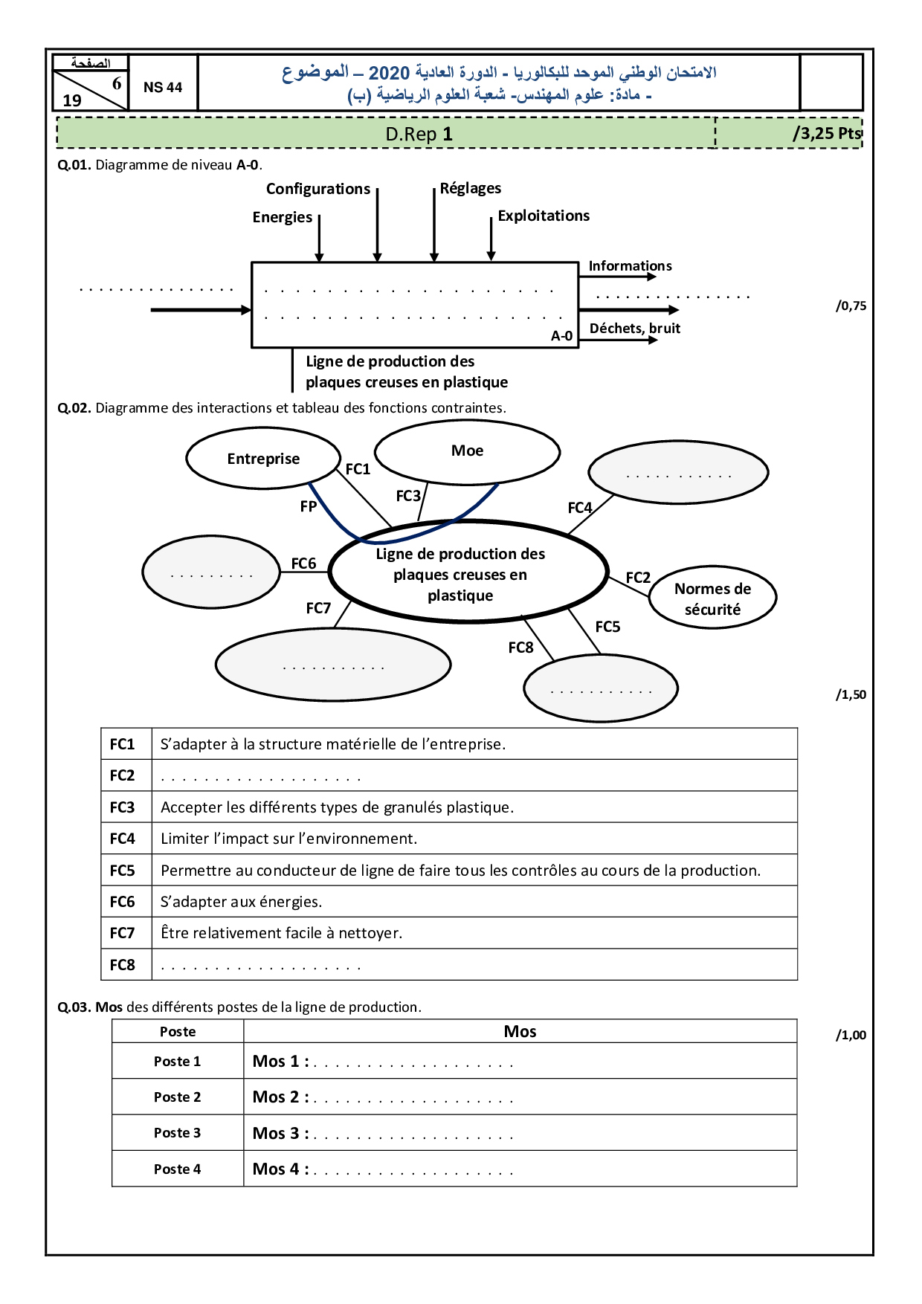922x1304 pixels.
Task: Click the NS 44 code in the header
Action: pos(163,87)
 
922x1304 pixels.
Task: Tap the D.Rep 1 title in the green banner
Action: pos(419,135)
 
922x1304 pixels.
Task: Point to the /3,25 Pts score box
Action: pos(827,134)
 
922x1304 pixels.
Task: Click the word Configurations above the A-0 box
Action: pos(318,189)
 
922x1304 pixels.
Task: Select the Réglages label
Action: pos(471,188)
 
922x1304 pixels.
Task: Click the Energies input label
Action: pos(283,217)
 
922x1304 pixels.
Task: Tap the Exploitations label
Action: pos(544,216)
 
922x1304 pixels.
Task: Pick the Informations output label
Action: pos(630,266)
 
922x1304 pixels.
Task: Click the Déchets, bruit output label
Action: pos(635,329)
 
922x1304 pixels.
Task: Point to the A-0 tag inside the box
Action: pos(561,336)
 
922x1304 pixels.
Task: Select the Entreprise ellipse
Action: pos(263,459)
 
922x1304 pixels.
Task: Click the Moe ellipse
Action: pos(467,451)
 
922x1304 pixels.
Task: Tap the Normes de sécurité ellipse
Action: pos(712,598)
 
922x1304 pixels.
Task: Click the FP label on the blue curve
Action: pos(309,506)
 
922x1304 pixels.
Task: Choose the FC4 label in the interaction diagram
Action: pos(580,508)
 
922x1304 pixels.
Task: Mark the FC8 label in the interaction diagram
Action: pos(520,648)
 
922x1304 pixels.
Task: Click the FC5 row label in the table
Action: pos(123,871)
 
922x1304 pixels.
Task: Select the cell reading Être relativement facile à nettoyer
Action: pos(281,933)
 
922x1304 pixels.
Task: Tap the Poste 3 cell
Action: pos(177,1133)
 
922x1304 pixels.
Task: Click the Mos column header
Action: pos(520,1031)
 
